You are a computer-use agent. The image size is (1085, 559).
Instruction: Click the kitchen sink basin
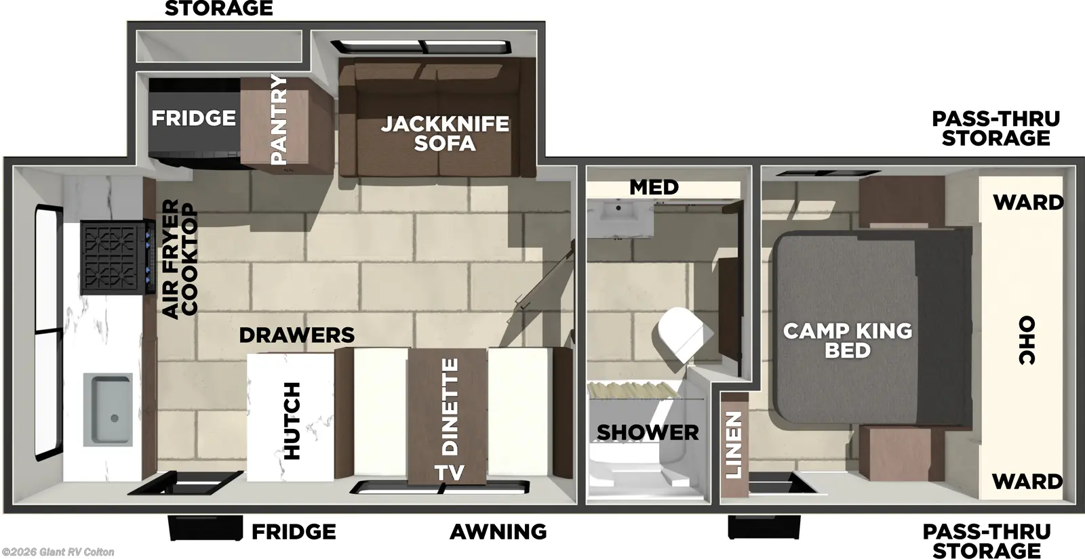[x=108, y=409]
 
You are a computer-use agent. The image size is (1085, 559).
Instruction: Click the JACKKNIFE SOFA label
[x=445, y=133]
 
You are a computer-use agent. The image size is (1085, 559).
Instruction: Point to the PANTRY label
[x=279, y=119]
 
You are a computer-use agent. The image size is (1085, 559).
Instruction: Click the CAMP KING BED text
[x=848, y=340]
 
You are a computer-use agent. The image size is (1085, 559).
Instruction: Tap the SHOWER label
[x=648, y=432]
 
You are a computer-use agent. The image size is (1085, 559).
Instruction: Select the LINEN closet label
[x=734, y=445]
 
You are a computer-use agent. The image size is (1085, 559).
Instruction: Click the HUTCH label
[x=292, y=421]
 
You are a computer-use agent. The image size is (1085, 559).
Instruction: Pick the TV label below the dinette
[x=449, y=472]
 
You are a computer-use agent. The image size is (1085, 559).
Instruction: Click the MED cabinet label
[x=654, y=187]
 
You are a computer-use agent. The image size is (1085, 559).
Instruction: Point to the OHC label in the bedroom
[x=1027, y=340]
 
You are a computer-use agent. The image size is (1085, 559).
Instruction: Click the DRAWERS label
[x=296, y=335]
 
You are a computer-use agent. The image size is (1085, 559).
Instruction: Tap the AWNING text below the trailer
[x=498, y=532]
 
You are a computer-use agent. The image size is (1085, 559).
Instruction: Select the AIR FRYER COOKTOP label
[x=180, y=258]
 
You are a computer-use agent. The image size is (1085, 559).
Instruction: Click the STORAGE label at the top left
[x=218, y=9]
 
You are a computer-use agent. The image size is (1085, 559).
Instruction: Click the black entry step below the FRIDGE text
[x=205, y=529]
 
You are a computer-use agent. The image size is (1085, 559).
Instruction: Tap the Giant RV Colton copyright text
[x=58, y=552]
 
